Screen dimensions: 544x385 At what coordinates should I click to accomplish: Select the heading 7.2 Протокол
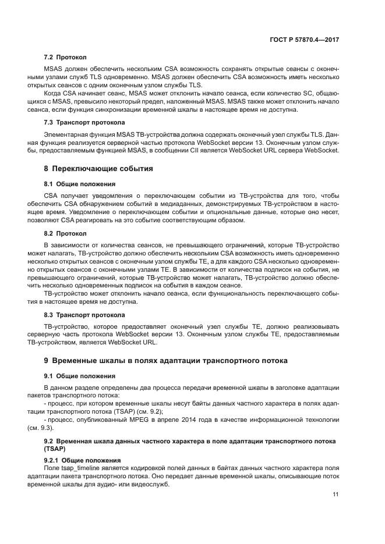click(65, 58)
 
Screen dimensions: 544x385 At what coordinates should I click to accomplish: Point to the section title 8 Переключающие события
click(98, 169)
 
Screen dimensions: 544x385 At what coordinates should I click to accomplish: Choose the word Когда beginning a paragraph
click(54, 93)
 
